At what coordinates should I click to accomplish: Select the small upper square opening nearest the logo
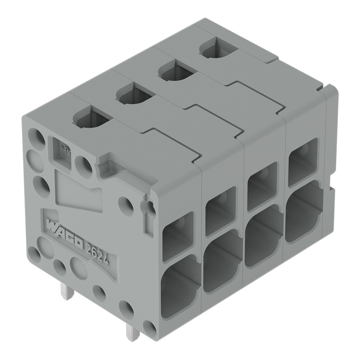click(x=177, y=236)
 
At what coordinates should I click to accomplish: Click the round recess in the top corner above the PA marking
click(x=36, y=136)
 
